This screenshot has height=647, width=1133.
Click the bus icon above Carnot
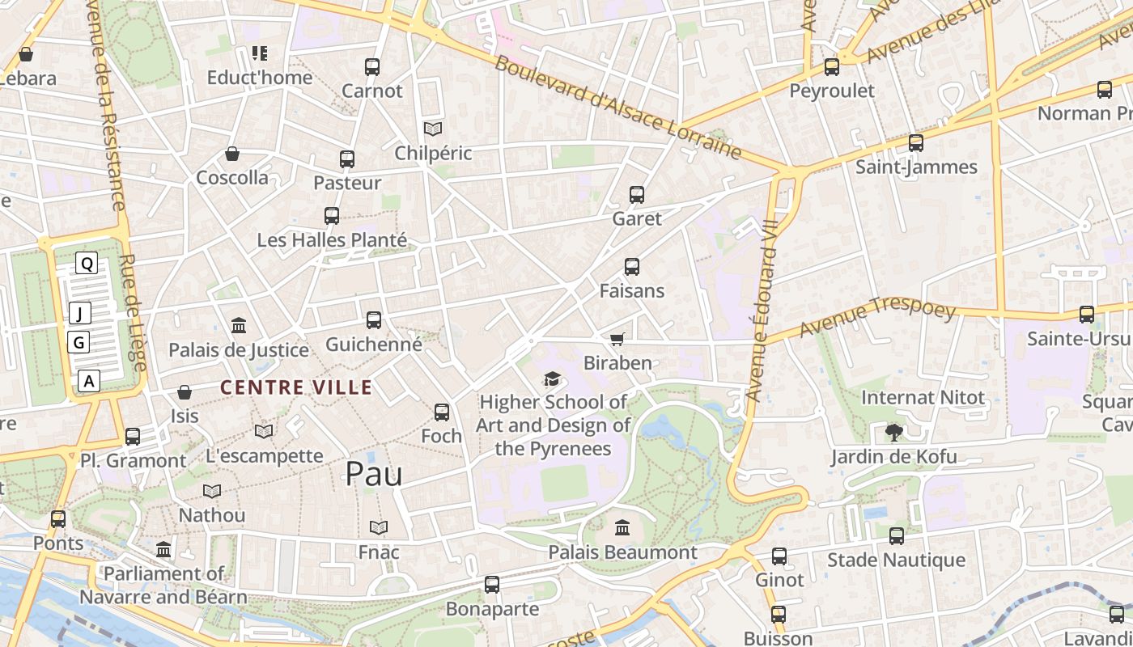point(372,67)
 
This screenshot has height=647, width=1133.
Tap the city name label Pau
point(374,474)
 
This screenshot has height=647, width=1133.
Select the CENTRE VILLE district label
point(296,387)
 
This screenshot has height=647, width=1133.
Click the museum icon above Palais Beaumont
point(622,528)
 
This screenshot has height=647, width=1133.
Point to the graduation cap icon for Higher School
point(552,378)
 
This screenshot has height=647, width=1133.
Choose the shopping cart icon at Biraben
point(617,339)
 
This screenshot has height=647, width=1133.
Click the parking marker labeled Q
point(87,263)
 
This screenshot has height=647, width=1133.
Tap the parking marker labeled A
point(89,381)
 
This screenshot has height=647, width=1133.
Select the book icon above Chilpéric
point(433,129)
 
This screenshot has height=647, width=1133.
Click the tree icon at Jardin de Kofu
point(893,433)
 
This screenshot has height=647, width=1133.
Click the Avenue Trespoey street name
point(877,319)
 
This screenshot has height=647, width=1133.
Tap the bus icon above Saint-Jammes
point(916,143)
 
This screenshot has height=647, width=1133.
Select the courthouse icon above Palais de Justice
point(239,326)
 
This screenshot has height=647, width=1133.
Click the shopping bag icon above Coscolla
point(232,154)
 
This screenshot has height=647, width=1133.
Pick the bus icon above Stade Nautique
point(897,535)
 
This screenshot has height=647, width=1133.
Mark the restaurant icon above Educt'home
point(259,53)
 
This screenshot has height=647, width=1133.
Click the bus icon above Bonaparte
point(492,585)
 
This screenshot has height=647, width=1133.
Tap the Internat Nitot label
point(923,398)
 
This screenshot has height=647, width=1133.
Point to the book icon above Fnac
point(379,528)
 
